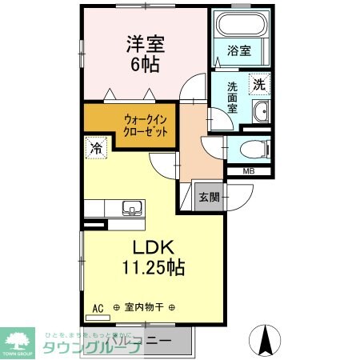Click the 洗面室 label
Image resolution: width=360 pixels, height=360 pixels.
pos(231,97)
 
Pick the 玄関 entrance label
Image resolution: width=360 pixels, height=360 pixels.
pos(209,198)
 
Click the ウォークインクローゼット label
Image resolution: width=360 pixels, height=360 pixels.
pos(146,126)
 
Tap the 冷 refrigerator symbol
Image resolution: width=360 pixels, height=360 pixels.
pos(96,148)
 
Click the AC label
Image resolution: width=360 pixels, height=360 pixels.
pos(98,306)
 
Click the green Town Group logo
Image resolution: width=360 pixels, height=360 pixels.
pos(19,340)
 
